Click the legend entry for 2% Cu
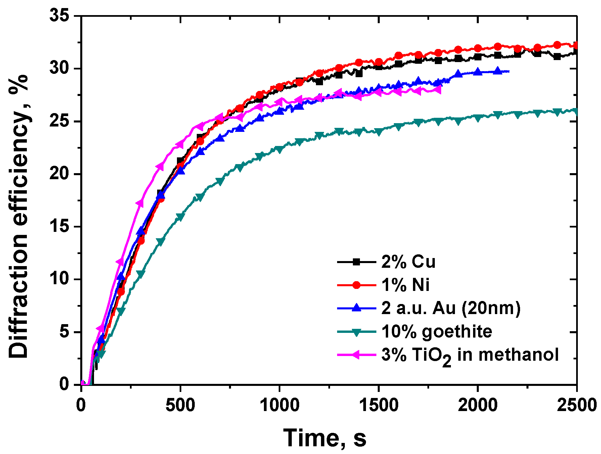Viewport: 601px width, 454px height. [x=408, y=262]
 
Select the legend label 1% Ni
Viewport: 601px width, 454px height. [x=405, y=285]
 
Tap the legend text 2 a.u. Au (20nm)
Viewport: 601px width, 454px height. [x=451, y=308]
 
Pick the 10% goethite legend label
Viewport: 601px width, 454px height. [x=436, y=332]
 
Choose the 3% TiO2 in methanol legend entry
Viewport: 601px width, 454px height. [x=470, y=355]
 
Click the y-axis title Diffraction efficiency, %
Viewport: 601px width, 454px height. [x=18, y=216]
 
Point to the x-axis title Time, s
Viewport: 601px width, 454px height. [x=325, y=438]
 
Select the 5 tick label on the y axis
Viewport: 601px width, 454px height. [x=64, y=332]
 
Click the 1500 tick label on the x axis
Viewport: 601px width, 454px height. [x=378, y=405]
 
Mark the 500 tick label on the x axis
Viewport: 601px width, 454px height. [x=180, y=405]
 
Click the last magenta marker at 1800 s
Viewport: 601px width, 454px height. [x=437, y=90]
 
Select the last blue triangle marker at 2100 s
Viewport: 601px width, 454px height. [x=498, y=71]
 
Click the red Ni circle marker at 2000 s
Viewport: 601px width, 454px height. [x=478, y=48]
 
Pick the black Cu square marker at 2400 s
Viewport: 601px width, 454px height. [x=557, y=57]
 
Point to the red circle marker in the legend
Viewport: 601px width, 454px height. [x=357, y=285]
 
